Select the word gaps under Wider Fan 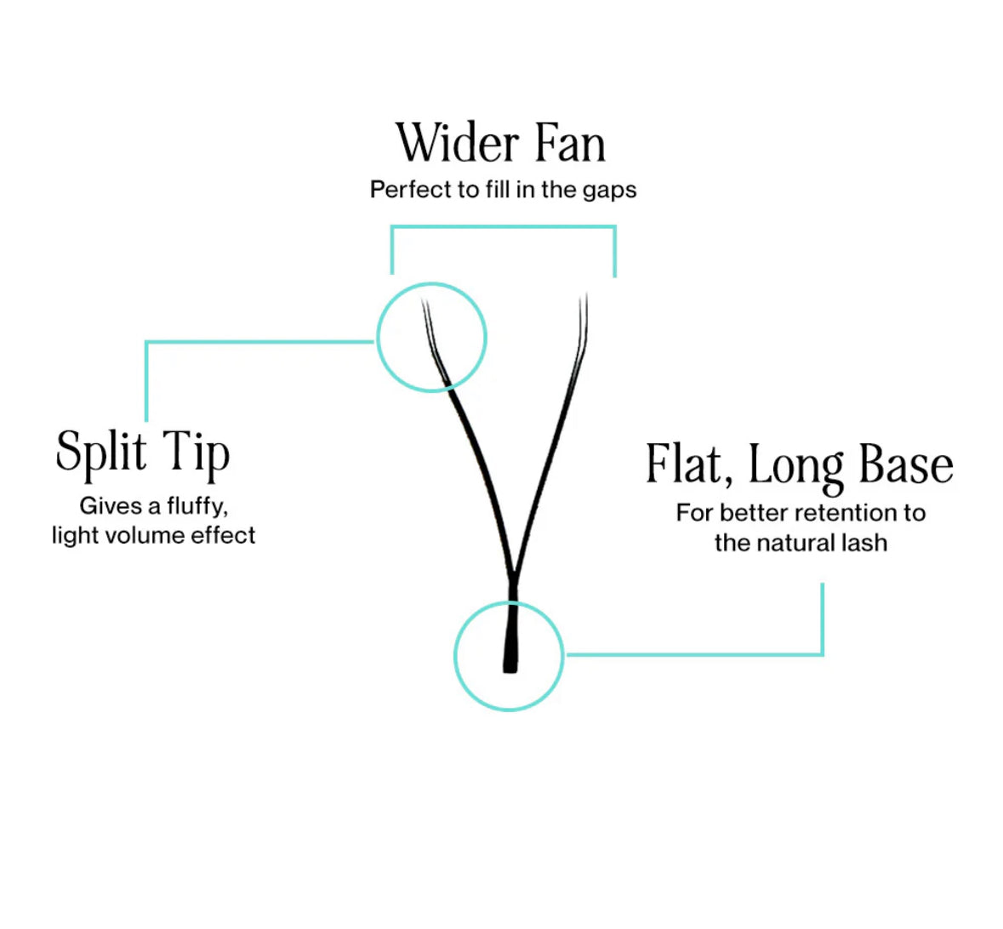click(609, 190)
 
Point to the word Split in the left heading click(100, 452)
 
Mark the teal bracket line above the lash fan click(502, 227)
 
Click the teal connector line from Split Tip click(255, 343)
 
